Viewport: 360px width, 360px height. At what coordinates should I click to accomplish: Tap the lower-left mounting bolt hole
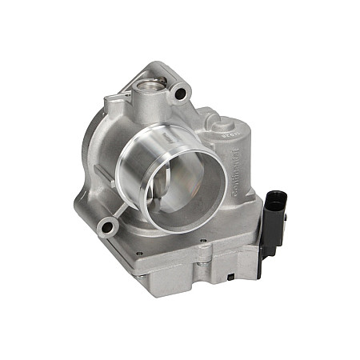pyautogui.click(x=104, y=229)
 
